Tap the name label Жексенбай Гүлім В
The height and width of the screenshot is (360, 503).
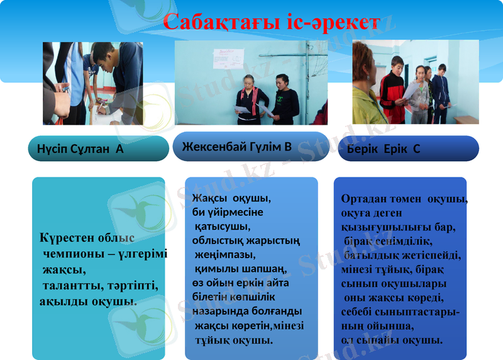pos(236,147)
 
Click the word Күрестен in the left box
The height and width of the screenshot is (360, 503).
pos(68,239)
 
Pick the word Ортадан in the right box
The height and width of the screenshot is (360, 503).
pos(363,199)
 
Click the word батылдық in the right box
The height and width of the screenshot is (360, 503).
pos(370,256)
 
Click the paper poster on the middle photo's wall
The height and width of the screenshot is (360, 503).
pos(224,60)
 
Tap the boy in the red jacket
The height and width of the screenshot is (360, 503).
pos(392,88)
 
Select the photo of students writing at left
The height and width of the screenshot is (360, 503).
pos(93,83)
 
